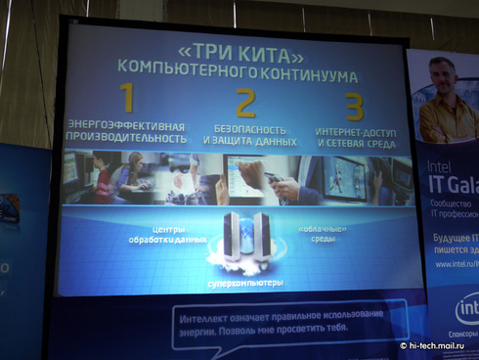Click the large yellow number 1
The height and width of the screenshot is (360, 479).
pyautogui.click(x=125, y=99)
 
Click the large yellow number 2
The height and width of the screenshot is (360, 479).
pyautogui.click(x=246, y=103)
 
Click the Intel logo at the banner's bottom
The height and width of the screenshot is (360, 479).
pyautogui.click(x=467, y=309)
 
